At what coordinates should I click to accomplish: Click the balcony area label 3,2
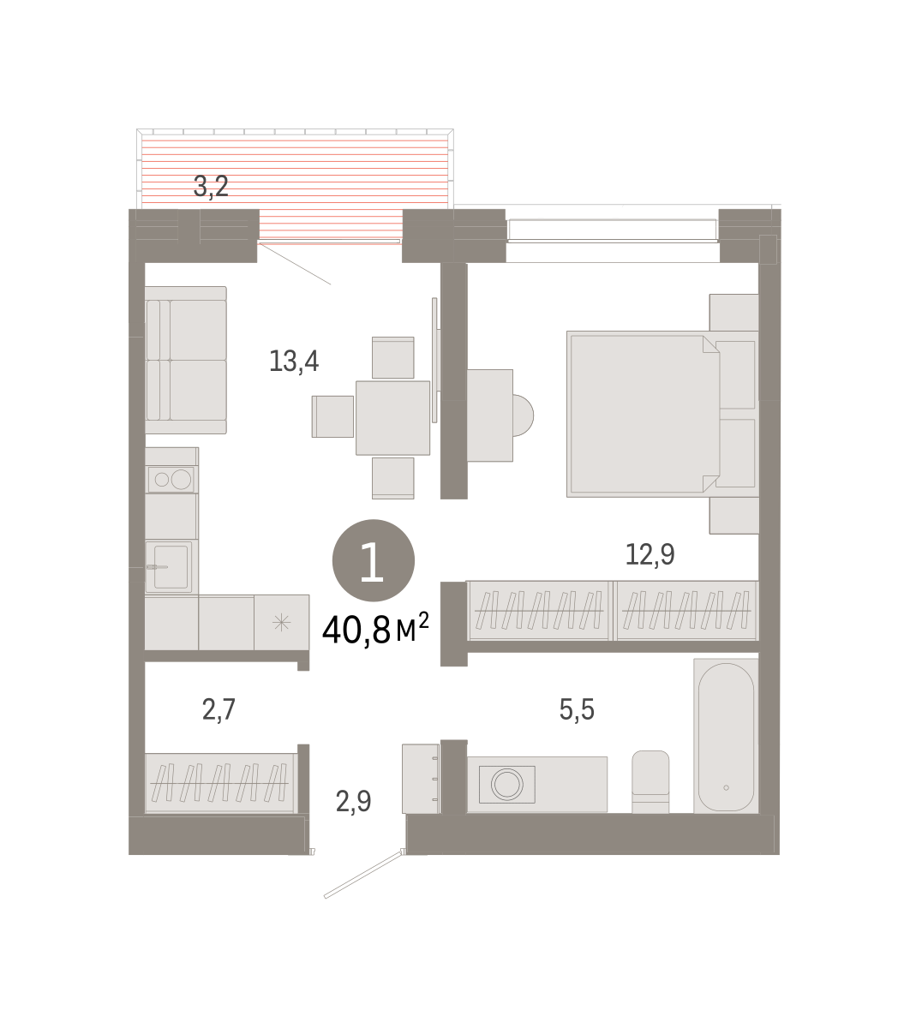(211, 186)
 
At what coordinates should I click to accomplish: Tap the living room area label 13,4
(294, 362)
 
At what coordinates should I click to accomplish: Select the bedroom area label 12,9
(650, 554)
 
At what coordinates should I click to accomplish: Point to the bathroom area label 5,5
(577, 708)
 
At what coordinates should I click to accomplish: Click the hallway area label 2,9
(353, 802)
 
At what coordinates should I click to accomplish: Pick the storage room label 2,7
(219, 709)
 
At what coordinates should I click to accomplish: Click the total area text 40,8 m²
(375, 629)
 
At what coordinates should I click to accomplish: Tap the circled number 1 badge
(373, 560)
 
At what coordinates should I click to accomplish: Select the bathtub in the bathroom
(726, 736)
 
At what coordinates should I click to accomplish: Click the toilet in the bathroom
(650, 781)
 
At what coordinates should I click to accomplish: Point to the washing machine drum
(507, 785)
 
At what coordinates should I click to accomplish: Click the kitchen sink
(169, 567)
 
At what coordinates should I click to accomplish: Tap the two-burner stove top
(171, 480)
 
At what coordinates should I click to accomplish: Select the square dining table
(392, 417)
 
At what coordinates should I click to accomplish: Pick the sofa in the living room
(186, 360)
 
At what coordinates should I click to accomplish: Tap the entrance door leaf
(363, 875)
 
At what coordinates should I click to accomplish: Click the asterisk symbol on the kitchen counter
(281, 622)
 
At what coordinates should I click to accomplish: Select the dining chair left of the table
(332, 416)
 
